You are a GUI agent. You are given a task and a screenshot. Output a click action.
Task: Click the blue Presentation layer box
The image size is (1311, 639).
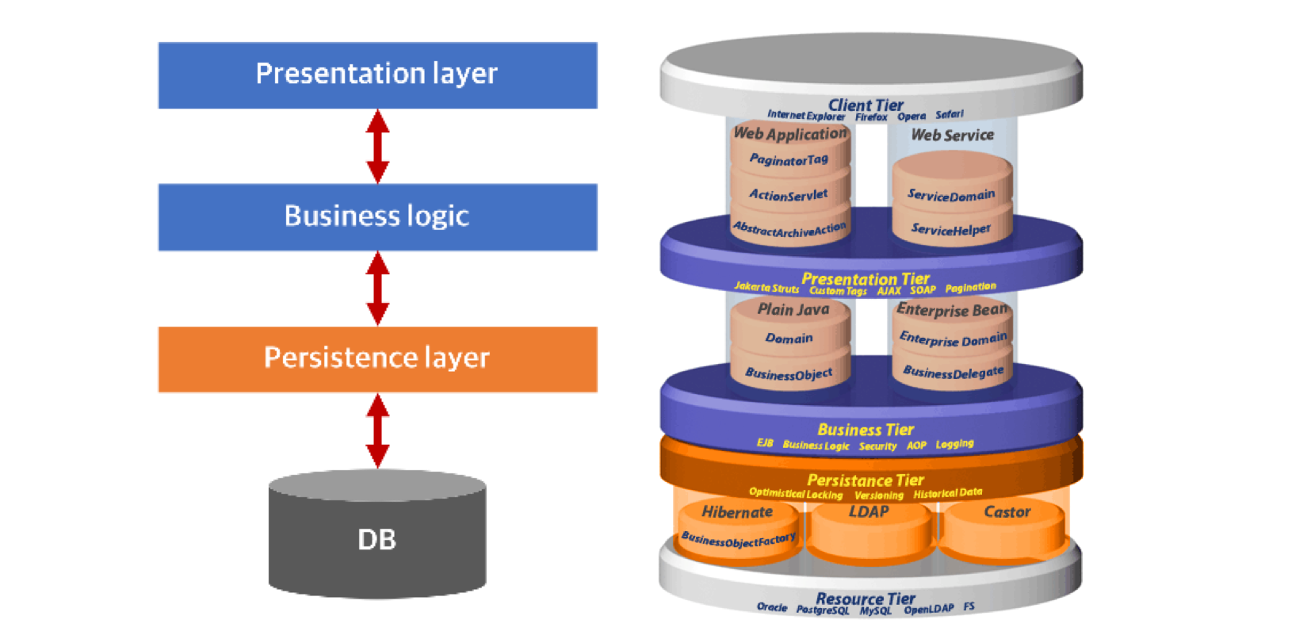[x=377, y=75]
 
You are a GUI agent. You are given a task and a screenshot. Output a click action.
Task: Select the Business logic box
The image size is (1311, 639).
[x=377, y=217]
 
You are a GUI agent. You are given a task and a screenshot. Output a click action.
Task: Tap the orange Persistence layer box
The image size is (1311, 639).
[x=377, y=359]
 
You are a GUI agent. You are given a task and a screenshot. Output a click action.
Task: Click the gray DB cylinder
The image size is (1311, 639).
[x=377, y=539]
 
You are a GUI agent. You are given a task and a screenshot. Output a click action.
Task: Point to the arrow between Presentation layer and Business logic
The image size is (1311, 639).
[x=377, y=147]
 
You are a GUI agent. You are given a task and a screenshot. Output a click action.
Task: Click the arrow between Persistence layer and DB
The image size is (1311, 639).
[x=377, y=431]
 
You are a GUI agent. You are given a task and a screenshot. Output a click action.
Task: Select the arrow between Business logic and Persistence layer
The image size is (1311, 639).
[x=377, y=289]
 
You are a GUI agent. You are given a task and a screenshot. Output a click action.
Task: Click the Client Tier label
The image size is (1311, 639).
[x=866, y=105]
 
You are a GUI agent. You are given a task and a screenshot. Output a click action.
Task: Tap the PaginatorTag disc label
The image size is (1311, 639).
[x=789, y=159]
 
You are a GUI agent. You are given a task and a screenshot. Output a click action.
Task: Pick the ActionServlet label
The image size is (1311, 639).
[x=789, y=194]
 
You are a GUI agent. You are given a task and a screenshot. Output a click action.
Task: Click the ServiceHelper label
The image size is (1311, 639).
[x=950, y=229]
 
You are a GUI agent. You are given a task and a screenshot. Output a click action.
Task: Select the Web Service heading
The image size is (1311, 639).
[x=952, y=135]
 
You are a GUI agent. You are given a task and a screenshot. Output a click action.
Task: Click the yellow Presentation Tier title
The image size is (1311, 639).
[x=866, y=279]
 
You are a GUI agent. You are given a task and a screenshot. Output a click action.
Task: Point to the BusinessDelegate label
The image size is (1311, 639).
[x=953, y=372]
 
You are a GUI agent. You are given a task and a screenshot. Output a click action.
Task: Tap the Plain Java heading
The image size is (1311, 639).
[x=793, y=310]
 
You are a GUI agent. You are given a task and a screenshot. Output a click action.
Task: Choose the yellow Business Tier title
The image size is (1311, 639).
[x=866, y=430]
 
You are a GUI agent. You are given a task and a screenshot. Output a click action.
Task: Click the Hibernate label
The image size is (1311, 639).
[x=737, y=512]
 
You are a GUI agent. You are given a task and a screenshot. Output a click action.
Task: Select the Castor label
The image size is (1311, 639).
[x=1007, y=512]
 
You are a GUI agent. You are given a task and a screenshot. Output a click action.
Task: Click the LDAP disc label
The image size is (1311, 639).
[x=869, y=512]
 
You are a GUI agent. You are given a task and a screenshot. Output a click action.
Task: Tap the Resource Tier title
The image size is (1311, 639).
[x=866, y=599]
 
